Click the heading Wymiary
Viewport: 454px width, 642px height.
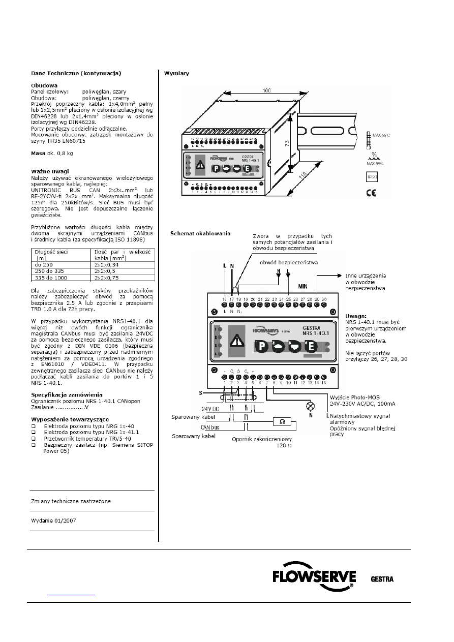[176, 73]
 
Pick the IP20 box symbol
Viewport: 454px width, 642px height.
[372, 177]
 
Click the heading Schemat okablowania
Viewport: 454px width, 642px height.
[200, 233]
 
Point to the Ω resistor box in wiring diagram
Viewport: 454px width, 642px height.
[282, 421]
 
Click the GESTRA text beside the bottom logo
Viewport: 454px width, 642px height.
[382, 579]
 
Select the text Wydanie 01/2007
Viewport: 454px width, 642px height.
[54, 521]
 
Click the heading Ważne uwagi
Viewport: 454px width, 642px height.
[50, 171]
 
